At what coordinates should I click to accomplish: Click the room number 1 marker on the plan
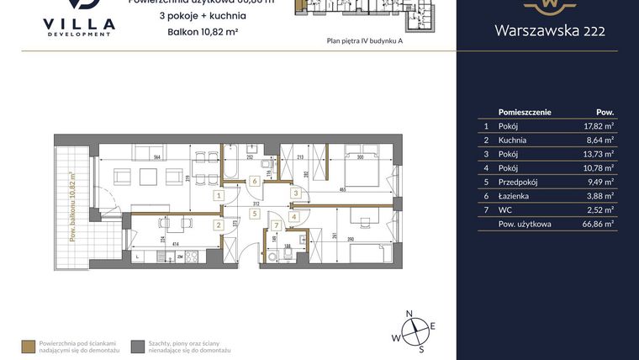tap(219, 195)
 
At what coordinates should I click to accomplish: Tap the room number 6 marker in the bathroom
tap(255, 181)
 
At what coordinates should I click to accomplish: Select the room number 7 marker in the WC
tap(275, 225)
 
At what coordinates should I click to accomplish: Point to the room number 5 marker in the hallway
tap(253, 214)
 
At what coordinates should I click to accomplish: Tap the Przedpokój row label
tap(518, 180)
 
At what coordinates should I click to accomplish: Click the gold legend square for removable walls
tap(29, 345)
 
